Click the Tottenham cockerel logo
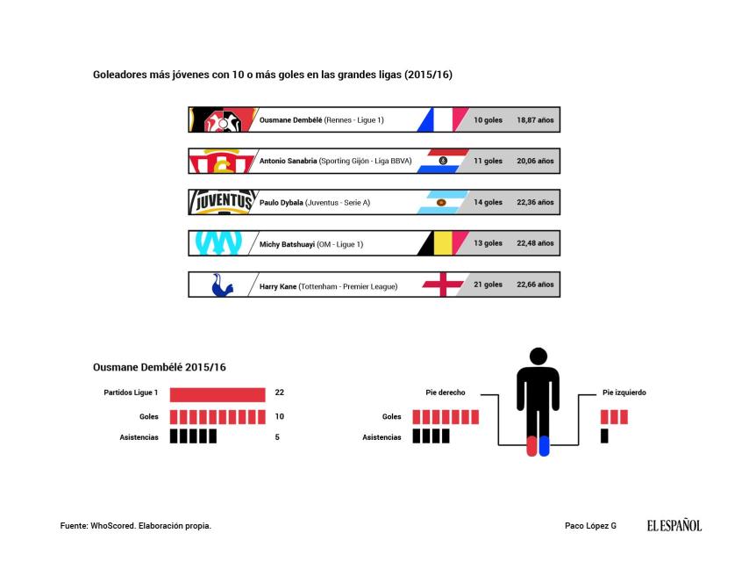tap(222, 285)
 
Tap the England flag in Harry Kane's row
tap(442, 285)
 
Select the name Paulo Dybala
tap(282, 203)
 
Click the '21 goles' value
tap(488, 285)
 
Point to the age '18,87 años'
tap(535, 120)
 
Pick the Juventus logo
tap(222, 202)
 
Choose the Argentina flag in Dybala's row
tap(440, 203)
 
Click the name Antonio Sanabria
tap(288, 162)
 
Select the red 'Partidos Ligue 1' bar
tap(218, 394)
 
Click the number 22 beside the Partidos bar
tap(280, 393)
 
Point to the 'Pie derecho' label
tap(446, 393)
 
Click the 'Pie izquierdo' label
tap(624, 393)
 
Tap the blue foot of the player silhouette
tap(544, 445)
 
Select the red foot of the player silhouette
tap(531, 445)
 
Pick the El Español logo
tap(674, 525)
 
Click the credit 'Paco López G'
tap(590, 526)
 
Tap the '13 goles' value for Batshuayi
tap(488, 243)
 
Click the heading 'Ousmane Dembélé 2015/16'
tap(159, 367)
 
